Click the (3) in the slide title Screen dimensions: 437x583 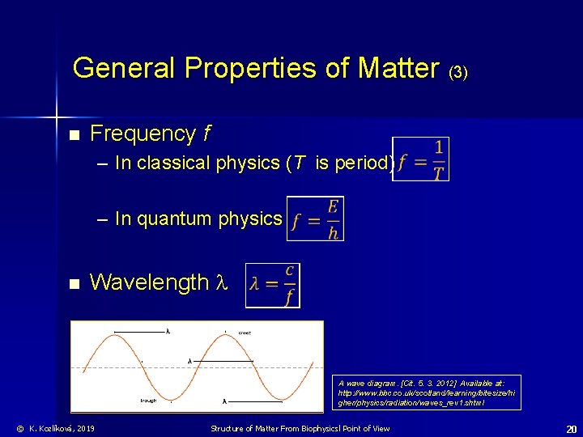457,72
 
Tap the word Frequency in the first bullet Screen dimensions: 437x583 143,134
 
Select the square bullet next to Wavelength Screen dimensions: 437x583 74,284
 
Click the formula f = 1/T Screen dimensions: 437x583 421,159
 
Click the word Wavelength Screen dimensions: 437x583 149,282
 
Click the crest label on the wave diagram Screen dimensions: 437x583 244,332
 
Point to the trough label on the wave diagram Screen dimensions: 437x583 148,400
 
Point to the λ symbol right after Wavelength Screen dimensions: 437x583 223,283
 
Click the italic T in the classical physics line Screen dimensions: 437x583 299,163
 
